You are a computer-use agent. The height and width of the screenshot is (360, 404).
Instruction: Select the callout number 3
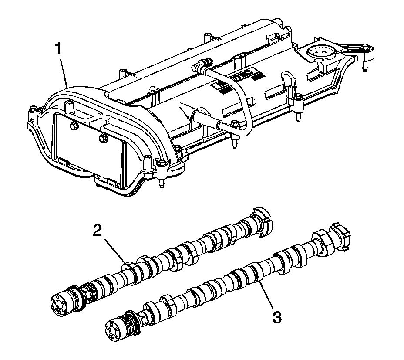point(277,316)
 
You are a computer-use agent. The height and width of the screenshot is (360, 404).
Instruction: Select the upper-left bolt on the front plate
point(74,127)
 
